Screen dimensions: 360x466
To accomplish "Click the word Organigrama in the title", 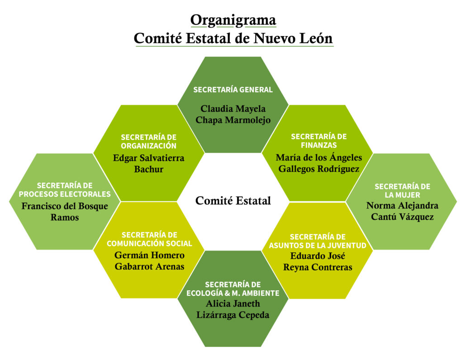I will [x=233, y=20].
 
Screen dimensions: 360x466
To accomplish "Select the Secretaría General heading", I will [x=233, y=90].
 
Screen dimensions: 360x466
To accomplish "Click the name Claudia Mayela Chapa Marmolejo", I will [x=233, y=114].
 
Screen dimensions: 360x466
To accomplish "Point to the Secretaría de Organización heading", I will [x=149, y=141].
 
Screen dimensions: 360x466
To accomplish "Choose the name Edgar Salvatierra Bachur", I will [x=149, y=164].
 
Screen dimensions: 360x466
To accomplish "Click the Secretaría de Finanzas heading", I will [x=319, y=141].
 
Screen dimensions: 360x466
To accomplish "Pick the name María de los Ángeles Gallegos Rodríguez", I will [x=319, y=163].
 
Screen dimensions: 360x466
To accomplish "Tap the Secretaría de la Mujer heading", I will [x=402, y=190].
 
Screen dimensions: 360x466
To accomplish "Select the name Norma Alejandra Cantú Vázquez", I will [x=402, y=211].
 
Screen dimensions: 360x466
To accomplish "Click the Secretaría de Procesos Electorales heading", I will [x=65, y=190].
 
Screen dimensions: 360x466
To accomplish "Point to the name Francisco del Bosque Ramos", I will [x=65, y=212].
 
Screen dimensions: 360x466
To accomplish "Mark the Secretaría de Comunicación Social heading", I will [x=149, y=239].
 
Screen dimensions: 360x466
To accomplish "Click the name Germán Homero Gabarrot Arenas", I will [x=149, y=261].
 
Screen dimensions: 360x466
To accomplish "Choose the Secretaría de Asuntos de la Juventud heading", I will [x=318, y=241].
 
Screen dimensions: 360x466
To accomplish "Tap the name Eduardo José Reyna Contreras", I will [x=318, y=261].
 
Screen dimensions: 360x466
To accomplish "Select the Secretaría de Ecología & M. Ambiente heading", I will [x=233, y=289].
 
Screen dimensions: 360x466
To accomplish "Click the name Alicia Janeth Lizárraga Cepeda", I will [x=233, y=309].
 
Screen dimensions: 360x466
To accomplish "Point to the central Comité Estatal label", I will [x=233, y=200].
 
